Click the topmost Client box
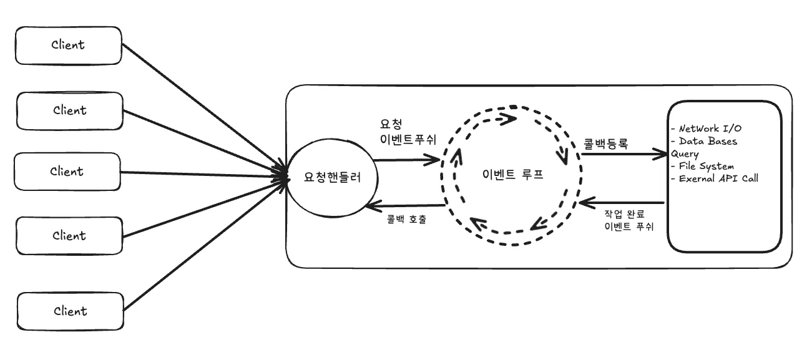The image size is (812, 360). [x=69, y=45]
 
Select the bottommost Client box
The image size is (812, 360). [x=69, y=311]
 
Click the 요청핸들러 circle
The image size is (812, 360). [x=324, y=177]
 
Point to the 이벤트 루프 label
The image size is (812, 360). [x=513, y=175]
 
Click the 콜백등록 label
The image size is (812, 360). [x=605, y=142]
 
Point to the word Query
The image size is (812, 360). [x=685, y=153]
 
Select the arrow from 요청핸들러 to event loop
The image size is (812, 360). [x=406, y=160]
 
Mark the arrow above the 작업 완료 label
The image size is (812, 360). [x=621, y=203]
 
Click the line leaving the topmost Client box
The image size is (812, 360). [x=200, y=106]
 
